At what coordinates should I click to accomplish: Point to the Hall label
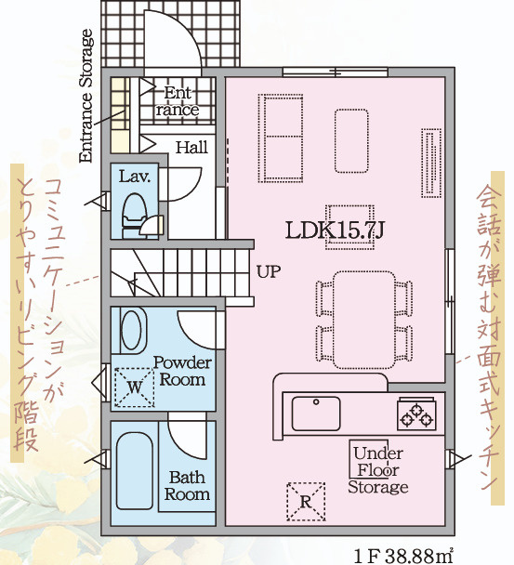(191, 147)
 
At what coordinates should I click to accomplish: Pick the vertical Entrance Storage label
(86, 97)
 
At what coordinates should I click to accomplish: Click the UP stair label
(268, 272)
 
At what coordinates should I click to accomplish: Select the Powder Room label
(182, 371)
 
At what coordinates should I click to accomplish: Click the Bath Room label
(188, 486)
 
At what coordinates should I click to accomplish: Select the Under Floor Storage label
(378, 469)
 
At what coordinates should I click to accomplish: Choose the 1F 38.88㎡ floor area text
(405, 555)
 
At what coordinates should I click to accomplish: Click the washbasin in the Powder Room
(133, 331)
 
